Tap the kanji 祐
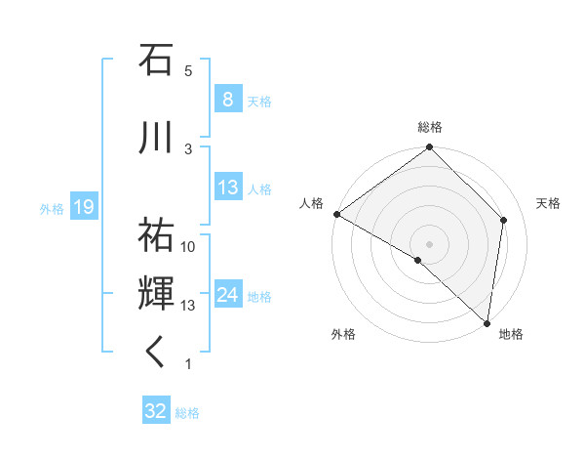(x=156, y=235)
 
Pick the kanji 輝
(x=156, y=294)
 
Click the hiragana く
(x=156, y=352)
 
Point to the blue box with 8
(x=227, y=100)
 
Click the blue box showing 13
(x=227, y=188)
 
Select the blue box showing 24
(x=227, y=295)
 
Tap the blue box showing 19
(x=83, y=206)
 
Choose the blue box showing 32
(x=155, y=411)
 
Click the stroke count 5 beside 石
(x=188, y=70)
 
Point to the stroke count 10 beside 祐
(x=188, y=247)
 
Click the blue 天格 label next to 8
(x=259, y=101)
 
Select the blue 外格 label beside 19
(x=51, y=207)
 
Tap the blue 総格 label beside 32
(x=187, y=412)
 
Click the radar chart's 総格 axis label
(x=430, y=127)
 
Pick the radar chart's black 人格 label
(x=311, y=203)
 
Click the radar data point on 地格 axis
(x=487, y=322)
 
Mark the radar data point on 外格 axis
(x=417, y=261)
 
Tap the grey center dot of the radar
(x=429, y=242)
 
